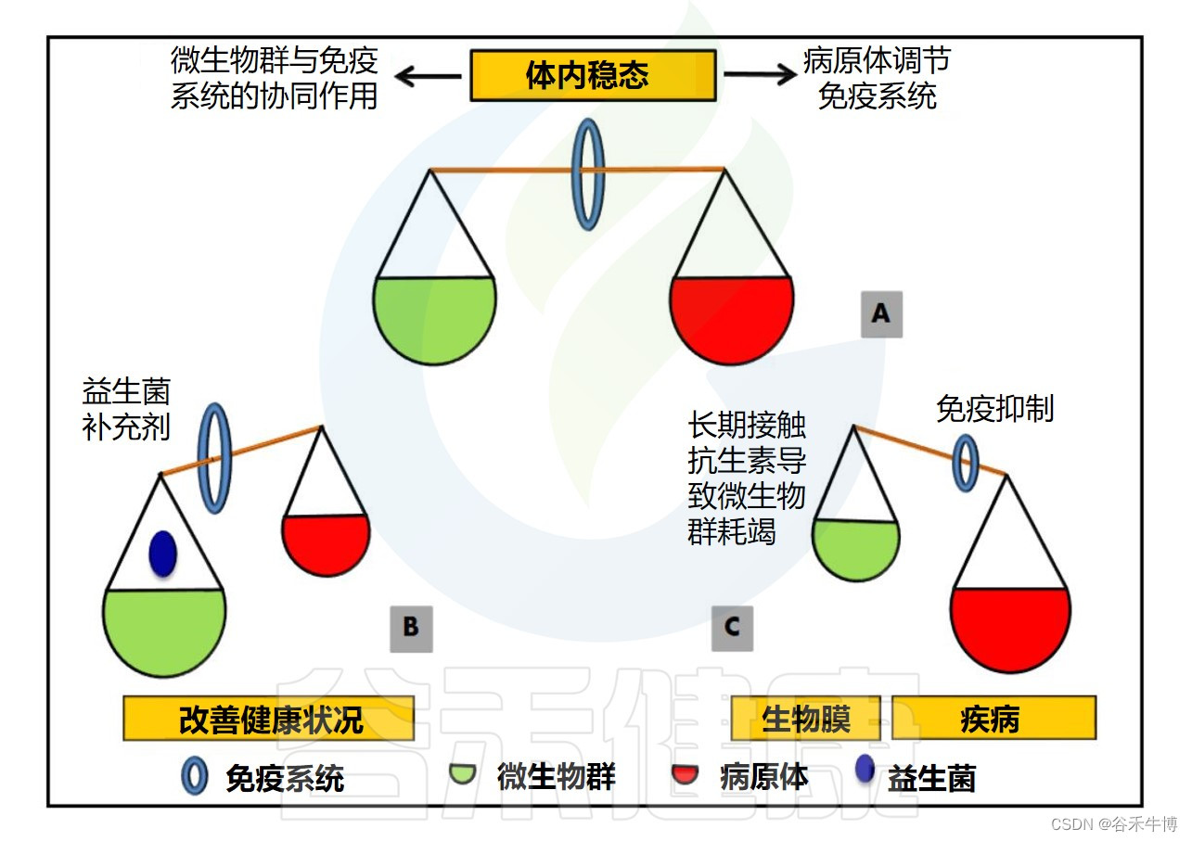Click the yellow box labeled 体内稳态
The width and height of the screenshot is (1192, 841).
click(593, 75)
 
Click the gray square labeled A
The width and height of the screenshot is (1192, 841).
click(880, 314)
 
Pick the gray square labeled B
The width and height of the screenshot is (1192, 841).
click(411, 628)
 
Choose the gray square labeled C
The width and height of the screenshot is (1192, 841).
click(732, 628)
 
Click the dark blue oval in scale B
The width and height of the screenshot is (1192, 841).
click(163, 554)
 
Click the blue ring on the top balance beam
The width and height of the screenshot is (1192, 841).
click(588, 172)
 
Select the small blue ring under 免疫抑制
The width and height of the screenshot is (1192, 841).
click(967, 463)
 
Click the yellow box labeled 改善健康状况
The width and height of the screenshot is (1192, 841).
click(268, 719)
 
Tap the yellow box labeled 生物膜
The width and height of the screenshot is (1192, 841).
click(805, 719)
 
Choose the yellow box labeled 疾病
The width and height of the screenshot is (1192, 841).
click(993, 719)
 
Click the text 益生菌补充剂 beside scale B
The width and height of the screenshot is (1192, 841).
click(126, 409)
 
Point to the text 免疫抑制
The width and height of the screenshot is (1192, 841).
click(994, 409)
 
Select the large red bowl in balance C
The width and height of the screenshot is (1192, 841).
click(1010, 626)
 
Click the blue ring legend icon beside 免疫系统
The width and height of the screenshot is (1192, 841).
click(195, 776)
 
